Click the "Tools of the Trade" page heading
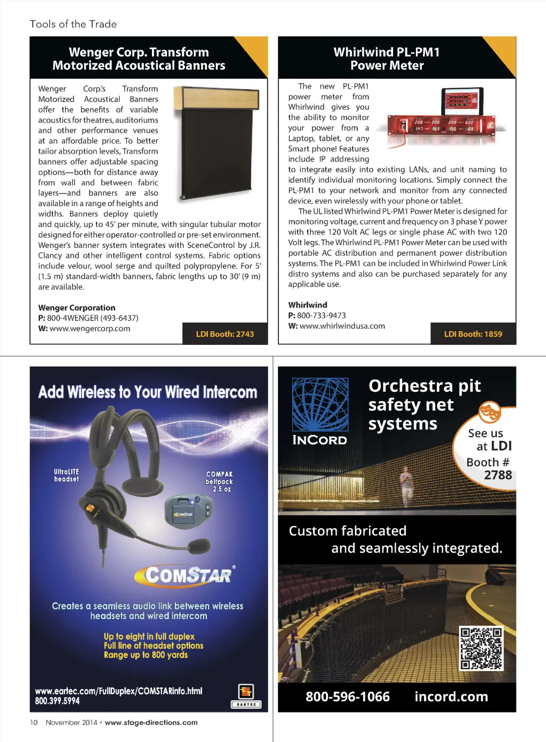[x=73, y=24]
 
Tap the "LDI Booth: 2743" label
[x=224, y=334]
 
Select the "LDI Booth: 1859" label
[x=473, y=334]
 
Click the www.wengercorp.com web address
[x=90, y=328]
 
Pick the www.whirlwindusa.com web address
[x=342, y=326]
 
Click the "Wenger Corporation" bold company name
[x=77, y=308]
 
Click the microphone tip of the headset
[x=199, y=546]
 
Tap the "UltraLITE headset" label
[x=66, y=475]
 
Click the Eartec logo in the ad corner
[x=246, y=696]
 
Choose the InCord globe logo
[x=320, y=405]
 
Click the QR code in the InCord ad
[x=481, y=648]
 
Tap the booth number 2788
[x=497, y=475]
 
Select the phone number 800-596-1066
[x=348, y=697]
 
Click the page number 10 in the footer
[x=34, y=723]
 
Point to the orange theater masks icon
[x=489, y=412]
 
